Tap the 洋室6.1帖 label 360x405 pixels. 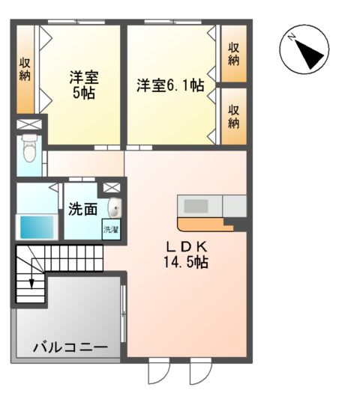click(x=170, y=86)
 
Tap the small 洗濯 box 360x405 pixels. click(x=111, y=229)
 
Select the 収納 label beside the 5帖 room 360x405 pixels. click(x=24, y=68)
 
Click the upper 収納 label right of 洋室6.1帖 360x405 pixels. click(x=234, y=55)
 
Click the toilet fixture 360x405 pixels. click(x=29, y=149)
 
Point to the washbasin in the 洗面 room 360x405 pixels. click(x=115, y=207)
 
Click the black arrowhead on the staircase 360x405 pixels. click(x=31, y=283)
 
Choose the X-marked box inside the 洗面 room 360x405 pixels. click(x=112, y=187)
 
